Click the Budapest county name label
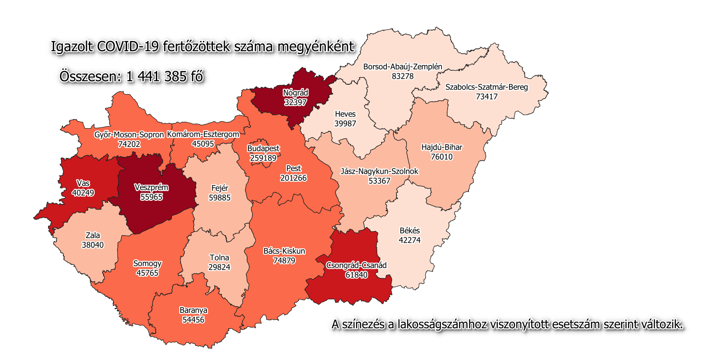263,148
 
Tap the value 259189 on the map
263,158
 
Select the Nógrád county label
296,93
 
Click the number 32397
296,102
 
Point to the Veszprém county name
151,187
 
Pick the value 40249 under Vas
83,193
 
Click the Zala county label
93,235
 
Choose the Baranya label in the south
193,310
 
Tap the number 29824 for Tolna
219,267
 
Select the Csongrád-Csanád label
356,265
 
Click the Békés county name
410,230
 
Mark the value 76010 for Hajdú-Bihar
442,157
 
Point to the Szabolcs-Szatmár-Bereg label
486,87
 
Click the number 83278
403,76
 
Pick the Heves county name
345,114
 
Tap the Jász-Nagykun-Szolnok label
379,171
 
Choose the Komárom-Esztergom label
203,134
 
